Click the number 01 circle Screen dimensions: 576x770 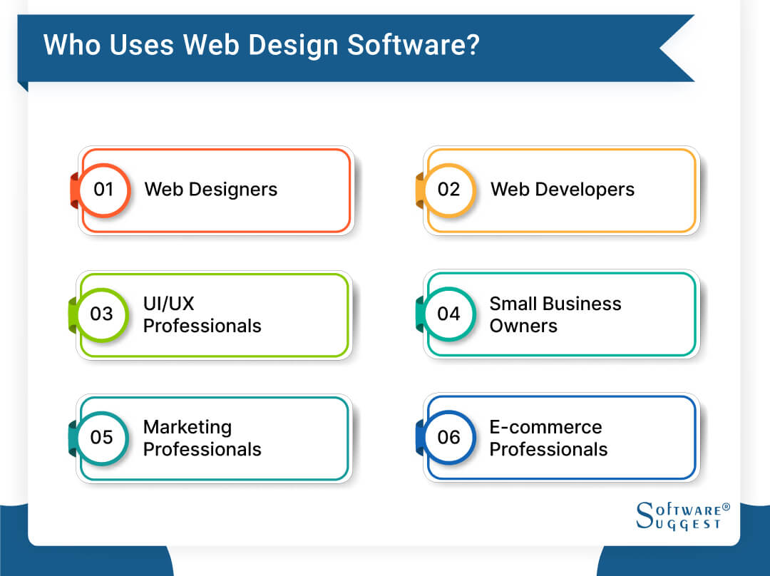(104, 190)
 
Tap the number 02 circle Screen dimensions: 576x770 (448, 190)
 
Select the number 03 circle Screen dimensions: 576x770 (103, 314)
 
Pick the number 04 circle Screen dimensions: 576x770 (448, 314)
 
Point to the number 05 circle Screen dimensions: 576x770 (103, 437)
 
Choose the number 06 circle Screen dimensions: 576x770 (448, 437)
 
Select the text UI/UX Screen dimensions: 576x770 (169, 304)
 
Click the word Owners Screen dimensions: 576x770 (523, 326)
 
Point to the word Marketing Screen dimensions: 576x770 (188, 427)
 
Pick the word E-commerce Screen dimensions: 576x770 (545, 427)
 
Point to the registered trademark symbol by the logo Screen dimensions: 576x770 (727, 508)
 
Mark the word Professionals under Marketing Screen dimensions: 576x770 (202, 449)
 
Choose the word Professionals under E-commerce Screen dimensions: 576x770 (548, 449)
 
